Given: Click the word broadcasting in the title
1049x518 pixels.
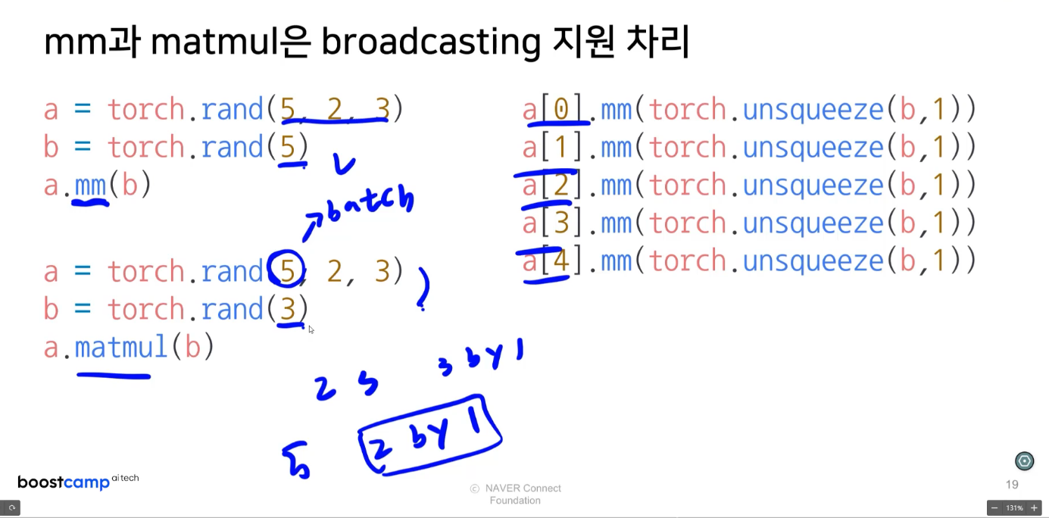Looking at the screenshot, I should pos(430,43).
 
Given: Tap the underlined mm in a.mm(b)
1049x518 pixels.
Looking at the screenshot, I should pos(90,185).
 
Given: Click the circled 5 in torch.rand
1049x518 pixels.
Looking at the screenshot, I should pos(287,270).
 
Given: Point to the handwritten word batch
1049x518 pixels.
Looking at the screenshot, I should pos(371,204).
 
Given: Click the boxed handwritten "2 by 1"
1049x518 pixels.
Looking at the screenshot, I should pos(430,435).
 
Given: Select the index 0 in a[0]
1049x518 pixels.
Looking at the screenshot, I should pos(561,110).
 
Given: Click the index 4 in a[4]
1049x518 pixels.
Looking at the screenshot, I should pos(560,261).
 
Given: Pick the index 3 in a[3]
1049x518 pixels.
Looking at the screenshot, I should pos(560,223).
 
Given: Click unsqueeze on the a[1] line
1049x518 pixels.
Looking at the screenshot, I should pos(813,148).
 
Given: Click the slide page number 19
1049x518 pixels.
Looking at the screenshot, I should pos(1012,485).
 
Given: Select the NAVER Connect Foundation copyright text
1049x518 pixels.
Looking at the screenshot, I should pos(515,494).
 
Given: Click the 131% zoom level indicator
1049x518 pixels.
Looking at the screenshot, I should pos(1014,508).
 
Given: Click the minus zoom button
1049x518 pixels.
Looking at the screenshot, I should pos(994,508).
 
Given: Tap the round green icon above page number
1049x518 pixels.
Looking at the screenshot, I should pos(1024,460).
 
